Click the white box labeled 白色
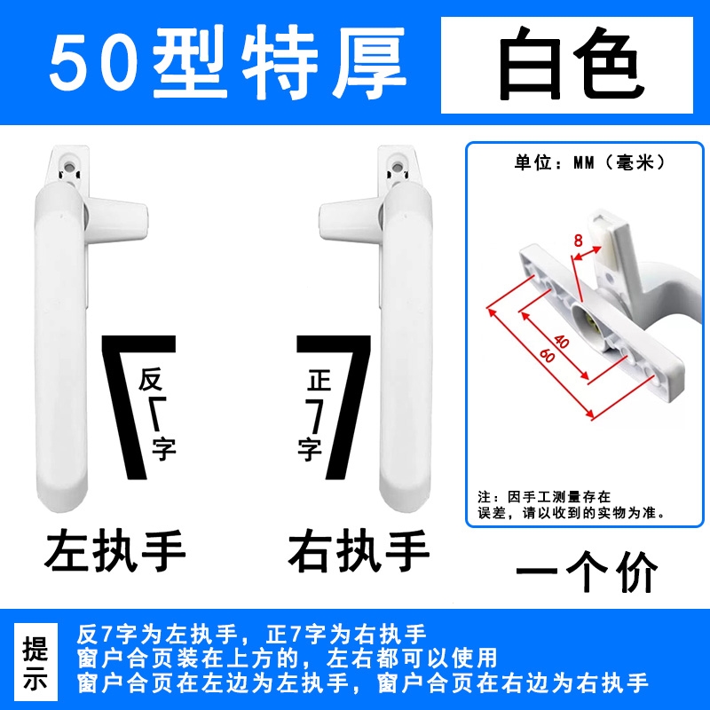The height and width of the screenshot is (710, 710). (x=567, y=65)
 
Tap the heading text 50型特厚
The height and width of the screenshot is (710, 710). (x=228, y=62)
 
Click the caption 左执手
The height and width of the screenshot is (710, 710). (x=115, y=550)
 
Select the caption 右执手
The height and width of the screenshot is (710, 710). (x=359, y=550)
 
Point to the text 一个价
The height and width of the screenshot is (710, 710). (x=587, y=572)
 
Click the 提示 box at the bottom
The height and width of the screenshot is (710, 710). (x=35, y=661)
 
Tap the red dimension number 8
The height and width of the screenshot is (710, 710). (x=578, y=241)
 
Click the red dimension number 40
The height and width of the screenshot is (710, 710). (x=561, y=342)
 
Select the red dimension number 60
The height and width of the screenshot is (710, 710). (x=547, y=356)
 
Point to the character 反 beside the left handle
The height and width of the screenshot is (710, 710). (x=151, y=380)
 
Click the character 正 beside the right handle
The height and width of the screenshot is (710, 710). (x=319, y=380)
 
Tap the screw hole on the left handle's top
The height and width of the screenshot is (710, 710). (x=68, y=167)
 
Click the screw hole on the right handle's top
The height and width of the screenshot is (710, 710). (x=397, y=167)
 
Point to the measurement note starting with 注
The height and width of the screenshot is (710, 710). (x=572, y=505)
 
